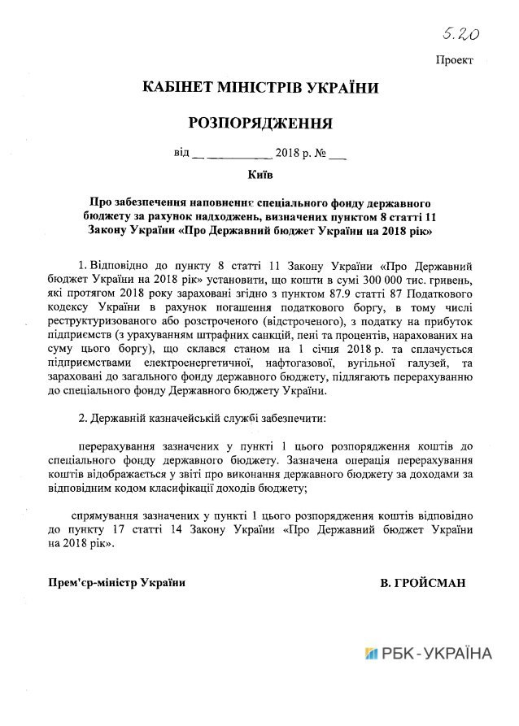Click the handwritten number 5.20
pos(460,33)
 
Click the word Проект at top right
pos(454,61)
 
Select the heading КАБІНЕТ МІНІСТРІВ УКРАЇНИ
pos(260,87)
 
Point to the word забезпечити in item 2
pos(292,419)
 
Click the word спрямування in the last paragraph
pos(116,516)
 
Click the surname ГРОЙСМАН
pos(427,582)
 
